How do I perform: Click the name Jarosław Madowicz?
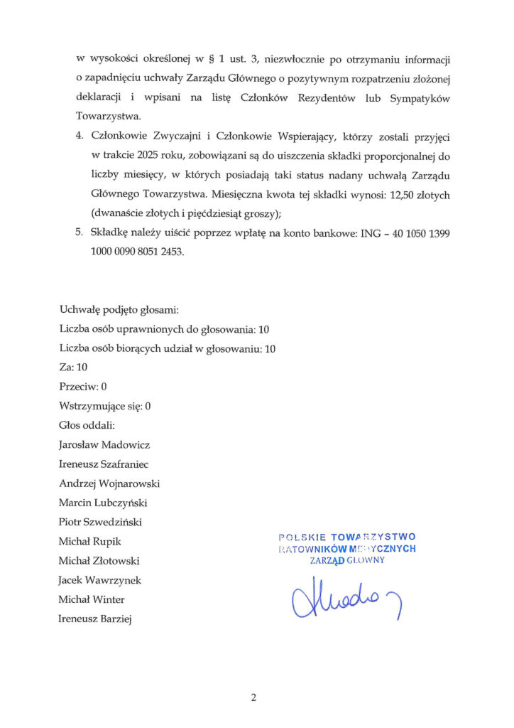tap(104, 445)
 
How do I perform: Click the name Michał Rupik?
tap(90, 542)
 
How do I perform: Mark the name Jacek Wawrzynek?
tap(101, 580)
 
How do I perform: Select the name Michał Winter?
tap(92, 599)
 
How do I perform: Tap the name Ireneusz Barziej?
tap(97, 619)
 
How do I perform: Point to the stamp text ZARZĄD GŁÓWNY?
tap(347, 560)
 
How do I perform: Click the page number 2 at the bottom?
tap(253, 697)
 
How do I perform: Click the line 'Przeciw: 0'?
tap(83, 387)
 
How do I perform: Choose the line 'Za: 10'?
tap(74, 368)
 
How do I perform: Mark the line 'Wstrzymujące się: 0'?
tap(106, 407)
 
